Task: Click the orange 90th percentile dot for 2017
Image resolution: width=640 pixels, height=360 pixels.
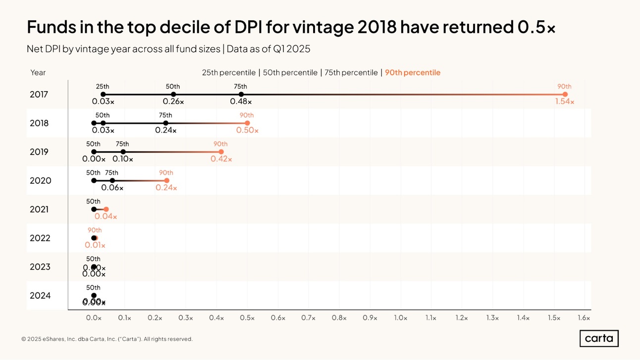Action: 565,94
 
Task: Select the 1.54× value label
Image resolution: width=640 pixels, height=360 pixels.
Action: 565,102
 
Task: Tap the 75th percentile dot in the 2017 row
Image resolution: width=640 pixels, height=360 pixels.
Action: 241,94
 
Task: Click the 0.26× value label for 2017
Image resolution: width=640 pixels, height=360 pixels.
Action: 173,102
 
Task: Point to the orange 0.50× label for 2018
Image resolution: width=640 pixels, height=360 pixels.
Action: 247,130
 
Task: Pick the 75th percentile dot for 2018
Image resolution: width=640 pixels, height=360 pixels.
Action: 166,123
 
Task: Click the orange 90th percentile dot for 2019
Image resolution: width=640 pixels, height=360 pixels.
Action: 221,152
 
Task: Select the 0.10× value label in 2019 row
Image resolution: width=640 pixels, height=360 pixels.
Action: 123,159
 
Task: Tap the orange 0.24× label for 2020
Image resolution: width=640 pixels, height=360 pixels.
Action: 166,188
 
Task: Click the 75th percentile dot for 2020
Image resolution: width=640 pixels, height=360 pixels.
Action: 112,180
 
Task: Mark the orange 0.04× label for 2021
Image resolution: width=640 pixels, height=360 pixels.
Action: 106,216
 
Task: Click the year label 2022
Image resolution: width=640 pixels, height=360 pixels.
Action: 40,238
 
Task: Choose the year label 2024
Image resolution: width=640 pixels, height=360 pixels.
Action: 40,296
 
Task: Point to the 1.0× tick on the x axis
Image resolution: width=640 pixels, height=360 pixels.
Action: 400,318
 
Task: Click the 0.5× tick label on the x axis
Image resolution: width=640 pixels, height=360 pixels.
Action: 247,318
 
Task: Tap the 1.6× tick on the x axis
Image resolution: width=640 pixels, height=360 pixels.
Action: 584,318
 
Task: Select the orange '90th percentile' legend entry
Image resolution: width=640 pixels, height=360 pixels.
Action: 413,73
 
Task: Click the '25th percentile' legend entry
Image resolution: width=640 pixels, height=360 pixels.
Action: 228,73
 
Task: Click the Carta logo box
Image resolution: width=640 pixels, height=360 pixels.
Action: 599,339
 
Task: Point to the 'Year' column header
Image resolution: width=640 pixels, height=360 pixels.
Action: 38,73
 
